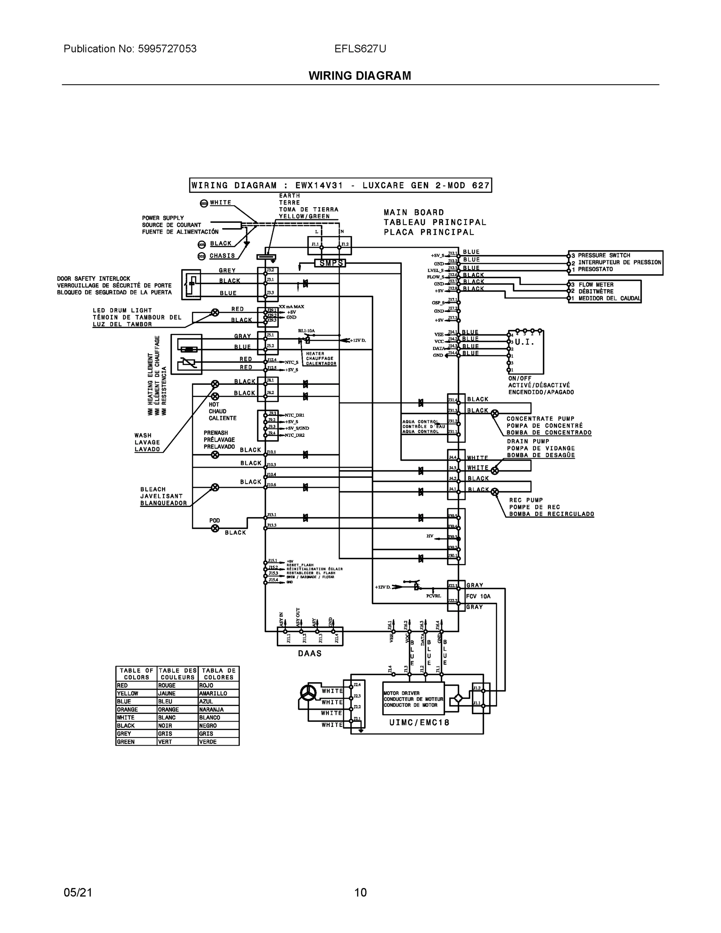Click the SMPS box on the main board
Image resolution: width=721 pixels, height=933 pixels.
pos(330,263)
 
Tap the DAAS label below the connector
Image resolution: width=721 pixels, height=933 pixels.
pos(310,653)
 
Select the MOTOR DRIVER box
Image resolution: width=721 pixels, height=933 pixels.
pos(413,699)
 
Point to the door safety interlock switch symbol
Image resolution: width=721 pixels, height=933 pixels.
pos(191,284)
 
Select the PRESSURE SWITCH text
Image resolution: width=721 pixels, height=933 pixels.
pos(604,255)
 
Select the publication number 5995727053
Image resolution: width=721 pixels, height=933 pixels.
pos(167,49)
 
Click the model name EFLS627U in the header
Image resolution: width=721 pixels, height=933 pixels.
pos(360,49)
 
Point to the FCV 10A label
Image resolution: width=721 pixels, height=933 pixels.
pos(478,596)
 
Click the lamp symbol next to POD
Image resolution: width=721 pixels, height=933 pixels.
pos(215,528)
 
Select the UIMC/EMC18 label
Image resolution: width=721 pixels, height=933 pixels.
pos(419,722)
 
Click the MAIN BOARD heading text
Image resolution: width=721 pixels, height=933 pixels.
pos(414,212)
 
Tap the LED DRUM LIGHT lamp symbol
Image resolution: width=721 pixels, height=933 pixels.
pos(215,312)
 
